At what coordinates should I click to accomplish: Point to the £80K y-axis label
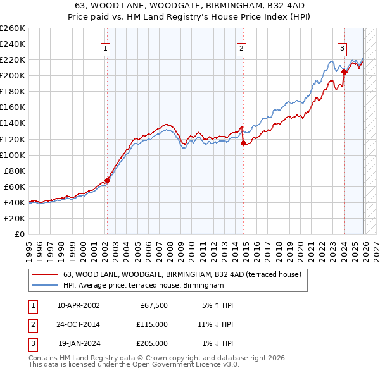15,171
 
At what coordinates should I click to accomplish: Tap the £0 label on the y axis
19,234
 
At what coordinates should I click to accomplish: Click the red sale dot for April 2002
107,180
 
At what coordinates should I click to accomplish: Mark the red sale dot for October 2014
243,143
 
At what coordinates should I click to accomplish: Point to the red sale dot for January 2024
344,71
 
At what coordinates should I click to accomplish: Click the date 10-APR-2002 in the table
78,305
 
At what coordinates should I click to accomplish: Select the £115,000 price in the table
153,324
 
